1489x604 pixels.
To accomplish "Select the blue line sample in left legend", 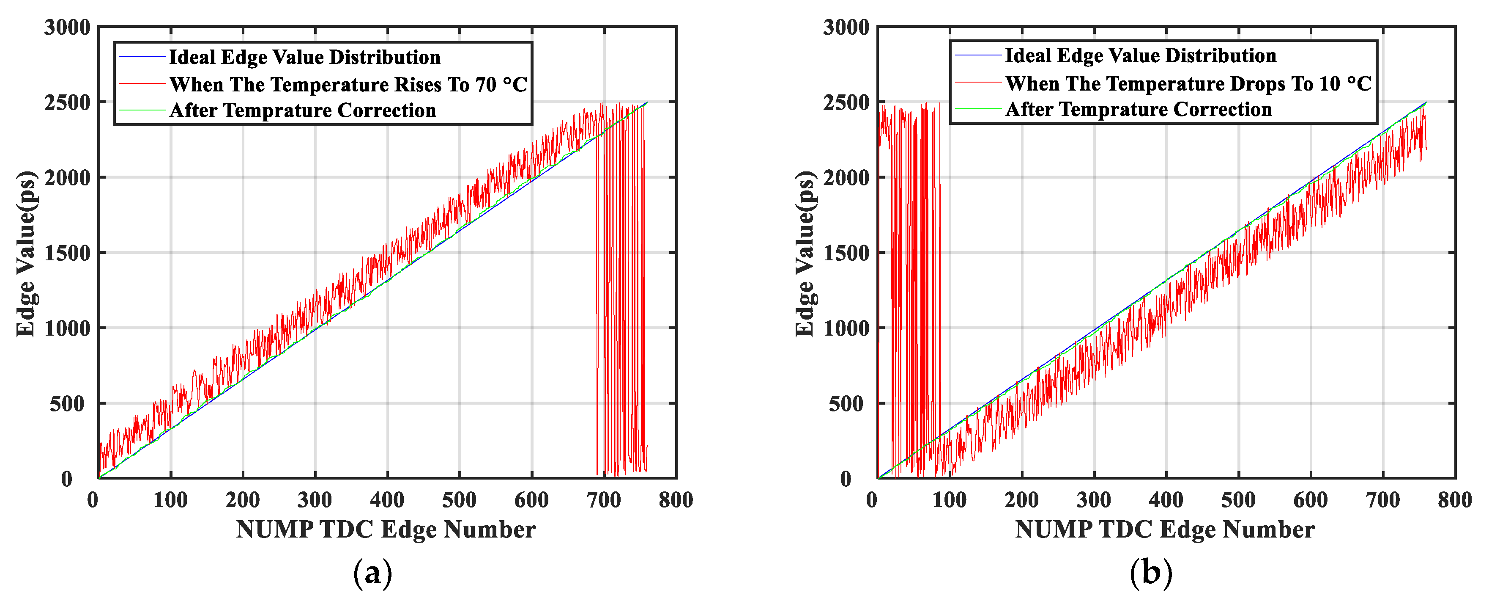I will click(x=142, y=57).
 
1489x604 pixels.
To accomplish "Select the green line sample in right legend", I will click(x=977, y=109).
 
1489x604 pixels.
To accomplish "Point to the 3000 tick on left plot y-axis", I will click(x=67, y=27).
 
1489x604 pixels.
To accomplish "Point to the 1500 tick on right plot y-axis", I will click(x=846, y=253).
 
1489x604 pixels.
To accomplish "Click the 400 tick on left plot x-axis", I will click(x=387, y=499).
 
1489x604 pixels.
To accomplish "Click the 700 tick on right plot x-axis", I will click(x=1382, y=499).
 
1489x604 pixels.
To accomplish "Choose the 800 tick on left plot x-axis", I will click(x=675, y=499).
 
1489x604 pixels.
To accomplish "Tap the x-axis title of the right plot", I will click(x=1164, y=530).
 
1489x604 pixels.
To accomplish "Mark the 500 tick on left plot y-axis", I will click(x=67, y=404).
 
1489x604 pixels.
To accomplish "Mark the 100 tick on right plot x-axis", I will click(x=949, y=499).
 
